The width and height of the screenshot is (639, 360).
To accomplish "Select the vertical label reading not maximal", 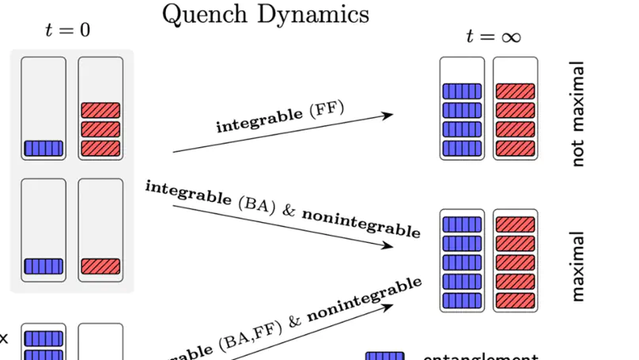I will tap(577, 114).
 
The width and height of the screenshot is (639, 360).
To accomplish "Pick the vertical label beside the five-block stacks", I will tap(577, 266).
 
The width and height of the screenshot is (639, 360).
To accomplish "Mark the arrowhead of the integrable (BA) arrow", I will tap(388, 245).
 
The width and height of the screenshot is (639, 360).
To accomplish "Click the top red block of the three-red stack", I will tap(100, 110).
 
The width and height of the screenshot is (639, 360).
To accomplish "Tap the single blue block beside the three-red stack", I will tap(43, 148).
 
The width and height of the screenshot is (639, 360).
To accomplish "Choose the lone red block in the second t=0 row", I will tap(100, 266).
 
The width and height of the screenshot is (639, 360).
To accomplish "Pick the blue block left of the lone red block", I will tap(43, 266).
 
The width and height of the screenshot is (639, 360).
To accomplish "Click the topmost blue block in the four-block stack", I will tap(462, 91).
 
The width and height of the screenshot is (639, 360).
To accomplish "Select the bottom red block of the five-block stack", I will tap(516, 301).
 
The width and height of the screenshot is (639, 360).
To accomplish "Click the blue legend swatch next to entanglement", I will tap(384, 357).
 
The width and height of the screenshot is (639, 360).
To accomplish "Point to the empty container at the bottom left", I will tap(100, 342).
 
